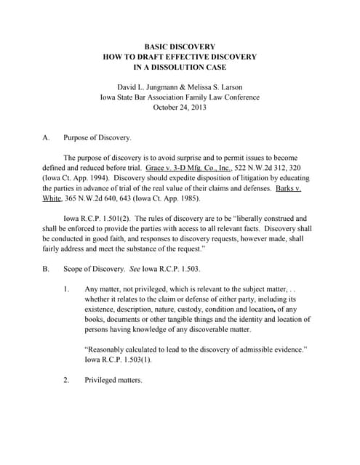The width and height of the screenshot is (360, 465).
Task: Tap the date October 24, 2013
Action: pos(179,107)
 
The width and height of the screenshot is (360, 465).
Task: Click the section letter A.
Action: pos(47,137)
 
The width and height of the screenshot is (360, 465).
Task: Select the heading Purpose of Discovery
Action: pos(97,137)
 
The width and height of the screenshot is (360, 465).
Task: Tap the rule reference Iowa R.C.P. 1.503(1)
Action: pos(122,359)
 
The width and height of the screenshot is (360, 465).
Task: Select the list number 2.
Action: pos(67,379)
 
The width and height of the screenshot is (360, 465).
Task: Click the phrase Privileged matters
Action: pos(113,379)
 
